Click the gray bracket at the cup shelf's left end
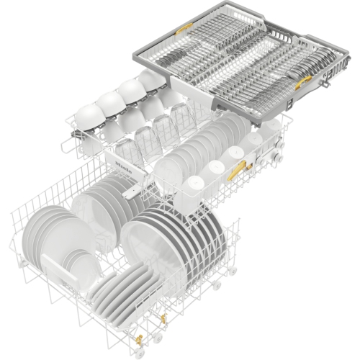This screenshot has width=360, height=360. (x=74, y=131)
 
